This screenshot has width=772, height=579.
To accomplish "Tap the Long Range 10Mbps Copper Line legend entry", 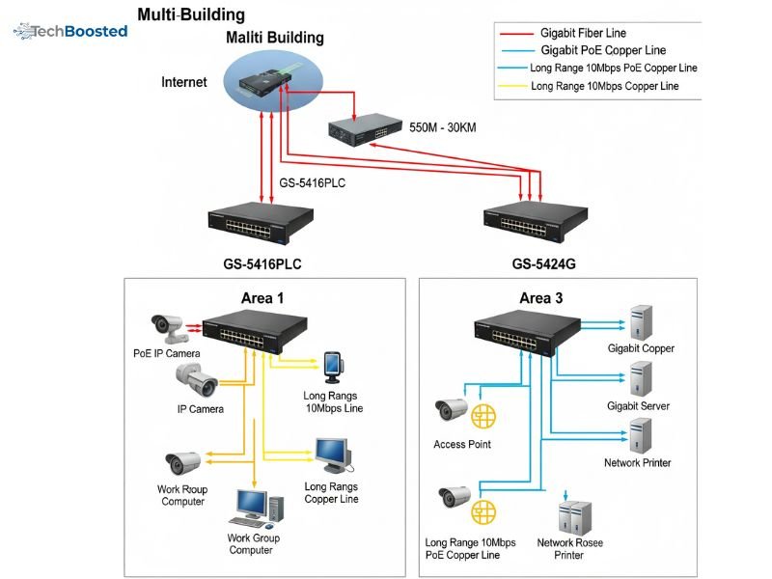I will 604,86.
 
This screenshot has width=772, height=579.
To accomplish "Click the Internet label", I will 183,82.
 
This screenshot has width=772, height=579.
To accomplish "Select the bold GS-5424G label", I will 543,263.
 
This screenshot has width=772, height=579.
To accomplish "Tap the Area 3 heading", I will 540,297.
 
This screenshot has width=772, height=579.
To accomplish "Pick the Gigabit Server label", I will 638,406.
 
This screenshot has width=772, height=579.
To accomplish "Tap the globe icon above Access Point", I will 483,416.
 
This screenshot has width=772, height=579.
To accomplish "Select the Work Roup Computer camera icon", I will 181,463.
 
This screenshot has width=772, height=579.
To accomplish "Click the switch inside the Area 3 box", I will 526,334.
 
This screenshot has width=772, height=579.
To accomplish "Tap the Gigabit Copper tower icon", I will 641,320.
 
